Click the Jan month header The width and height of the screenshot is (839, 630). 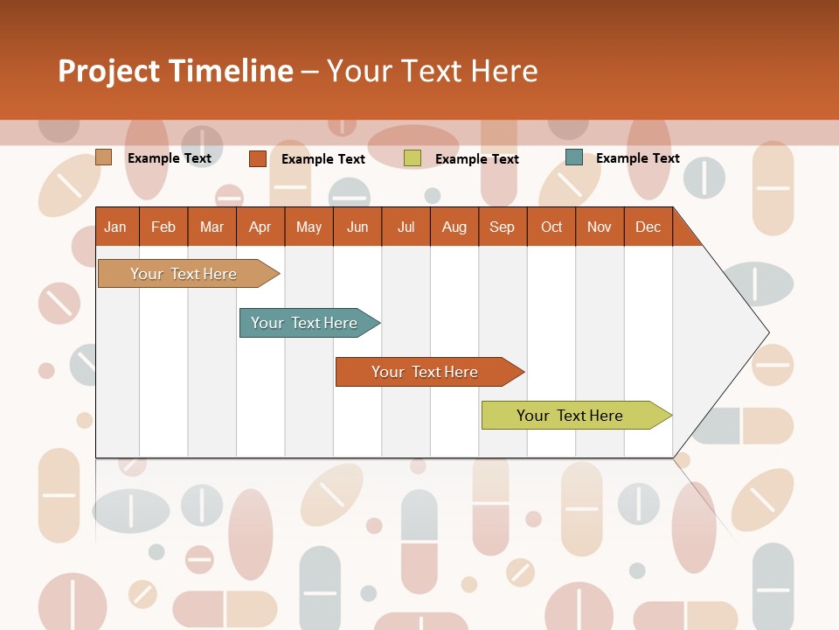pos(116,227)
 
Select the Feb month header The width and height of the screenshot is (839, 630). pos(163,227)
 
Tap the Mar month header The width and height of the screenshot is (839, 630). pos(211,227)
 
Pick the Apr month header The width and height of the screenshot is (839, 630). pos(260,227)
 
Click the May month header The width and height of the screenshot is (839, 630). pos(309,227)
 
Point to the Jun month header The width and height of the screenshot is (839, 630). pos(357,227)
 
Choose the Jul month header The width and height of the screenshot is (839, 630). pos(406,227)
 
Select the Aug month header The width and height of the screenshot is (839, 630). pos(454,227)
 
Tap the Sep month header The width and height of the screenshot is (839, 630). pos(503,227)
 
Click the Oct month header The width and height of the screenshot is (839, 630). pos(551,227)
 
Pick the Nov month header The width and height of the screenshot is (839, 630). pos(600,227)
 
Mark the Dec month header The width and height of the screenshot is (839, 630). pos(648,227)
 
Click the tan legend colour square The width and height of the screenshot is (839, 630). pos(104,157)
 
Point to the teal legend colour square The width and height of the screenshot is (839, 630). pos(574,157)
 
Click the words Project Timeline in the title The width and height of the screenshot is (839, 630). pos(176,71)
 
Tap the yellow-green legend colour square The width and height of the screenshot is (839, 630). pos(413,158)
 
